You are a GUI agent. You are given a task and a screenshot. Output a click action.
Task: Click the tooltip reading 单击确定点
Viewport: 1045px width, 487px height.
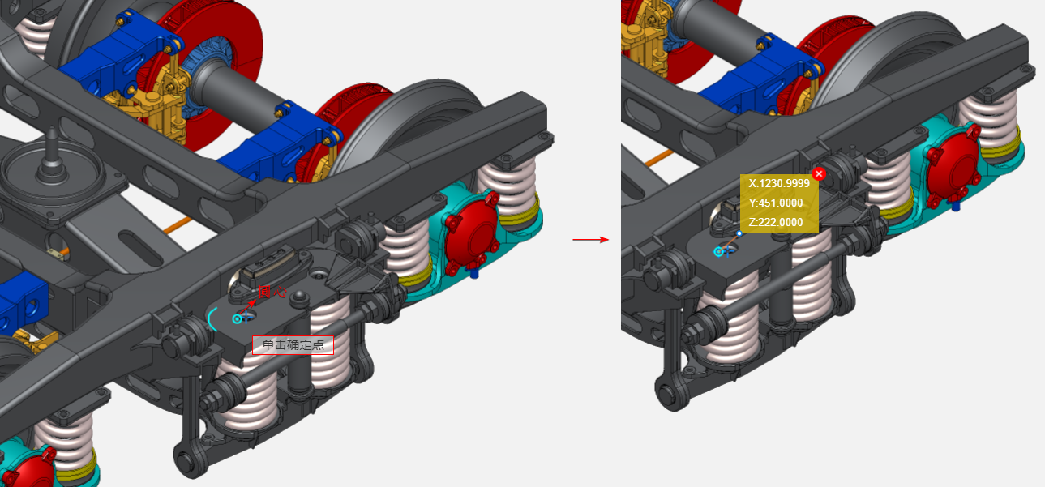[x=293, y=345]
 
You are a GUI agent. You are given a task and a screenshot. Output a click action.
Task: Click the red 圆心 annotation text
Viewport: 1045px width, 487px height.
[x=272, y=293]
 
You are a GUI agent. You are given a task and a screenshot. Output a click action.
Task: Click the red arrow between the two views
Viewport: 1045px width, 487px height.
[x=591, y=240]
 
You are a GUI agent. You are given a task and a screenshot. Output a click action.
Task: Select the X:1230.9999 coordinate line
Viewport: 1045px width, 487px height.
[x=779, y=183]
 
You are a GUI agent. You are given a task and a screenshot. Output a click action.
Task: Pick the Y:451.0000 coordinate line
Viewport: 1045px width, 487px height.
[x=775, y=203]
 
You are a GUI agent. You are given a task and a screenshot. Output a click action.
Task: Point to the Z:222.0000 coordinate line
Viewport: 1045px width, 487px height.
[x=775, y=223]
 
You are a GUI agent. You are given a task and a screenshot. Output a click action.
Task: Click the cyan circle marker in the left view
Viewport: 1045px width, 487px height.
[x=237, y=319]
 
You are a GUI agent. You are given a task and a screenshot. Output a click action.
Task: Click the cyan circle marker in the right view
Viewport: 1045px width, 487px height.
[x=719, y=252]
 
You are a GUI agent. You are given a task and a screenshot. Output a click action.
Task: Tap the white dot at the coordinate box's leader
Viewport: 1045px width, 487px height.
[x=739, y=233]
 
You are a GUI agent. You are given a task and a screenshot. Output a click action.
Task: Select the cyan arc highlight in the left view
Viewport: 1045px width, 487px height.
[x=211, y=319]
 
